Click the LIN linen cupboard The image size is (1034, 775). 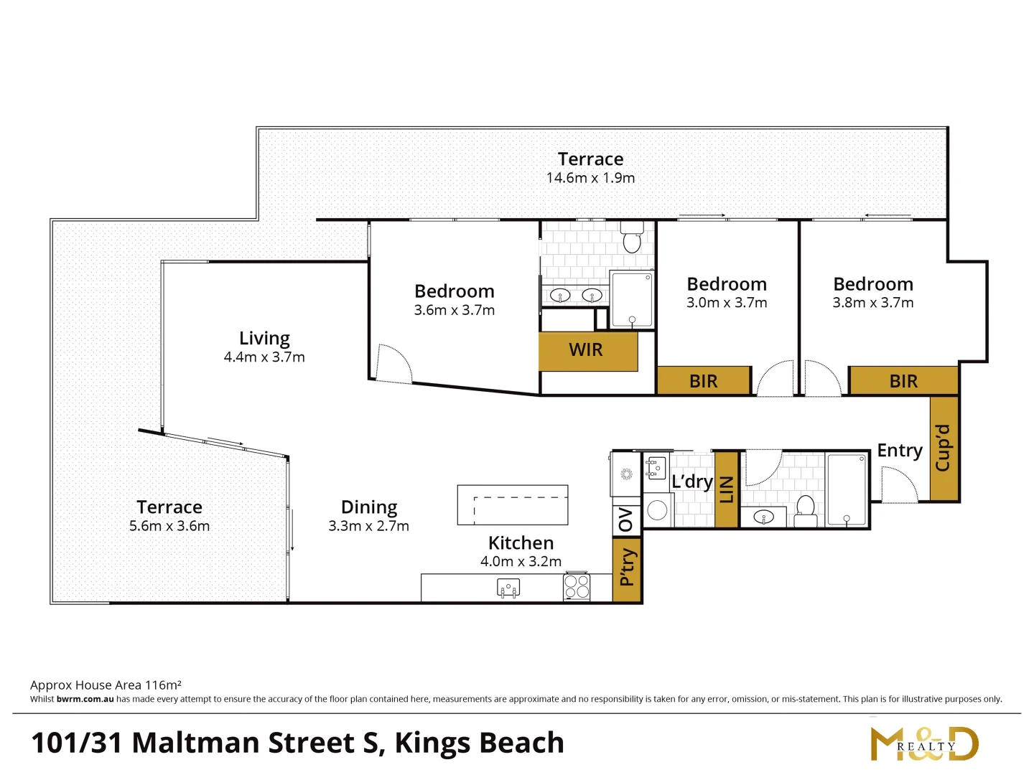click(x=727, y=489)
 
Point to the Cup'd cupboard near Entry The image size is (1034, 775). click(x=944, y=448)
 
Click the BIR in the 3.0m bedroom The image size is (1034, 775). click(x=704, y=381)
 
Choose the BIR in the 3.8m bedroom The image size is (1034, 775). click(x=903, y=381)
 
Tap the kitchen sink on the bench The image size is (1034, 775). click(x=508, y=588)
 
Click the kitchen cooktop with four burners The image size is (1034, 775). click(x=577, y=587)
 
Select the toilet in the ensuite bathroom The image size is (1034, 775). click(x=632, y=240)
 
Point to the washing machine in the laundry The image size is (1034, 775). click(x=657, y=510)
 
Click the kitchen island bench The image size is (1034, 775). click(x=513, y=504)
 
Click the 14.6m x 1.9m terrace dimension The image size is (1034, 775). click(x=590, y=178)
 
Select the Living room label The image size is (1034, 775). click(x=264, y=338)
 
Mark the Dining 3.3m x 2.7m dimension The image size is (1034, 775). click(x=368, y=526)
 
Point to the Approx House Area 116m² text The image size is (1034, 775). click(x=106, y=685)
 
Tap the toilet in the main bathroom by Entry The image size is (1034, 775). click(x=806, y=506)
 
